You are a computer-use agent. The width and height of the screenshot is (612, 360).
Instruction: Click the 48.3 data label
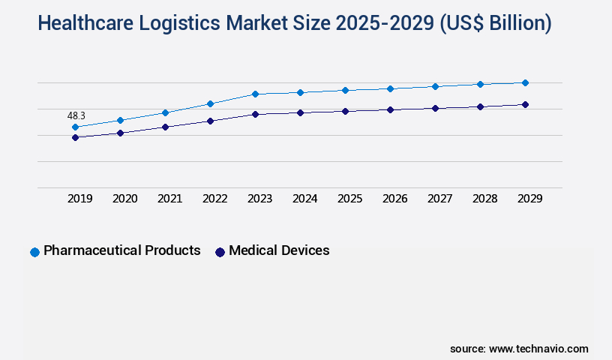click(x=76, y=115)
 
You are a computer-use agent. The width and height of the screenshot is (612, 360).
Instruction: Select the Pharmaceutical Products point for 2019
click(x=75, y=127)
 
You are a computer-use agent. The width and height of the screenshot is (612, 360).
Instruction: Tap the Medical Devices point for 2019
click(x=75, y=138)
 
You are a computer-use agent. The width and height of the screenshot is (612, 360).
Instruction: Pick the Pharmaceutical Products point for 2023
click(x=255, y=94)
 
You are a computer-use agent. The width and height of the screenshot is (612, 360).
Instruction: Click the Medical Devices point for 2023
click(x=255, y=114)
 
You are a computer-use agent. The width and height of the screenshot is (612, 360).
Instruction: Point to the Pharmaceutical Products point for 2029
click(x=525, y=82)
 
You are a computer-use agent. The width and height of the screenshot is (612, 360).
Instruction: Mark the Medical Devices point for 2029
click(x=525, y=104)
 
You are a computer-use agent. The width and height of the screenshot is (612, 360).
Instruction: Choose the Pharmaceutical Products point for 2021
click(x=165, y=112)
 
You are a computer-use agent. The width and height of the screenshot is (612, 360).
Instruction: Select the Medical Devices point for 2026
click(x=390, y=109)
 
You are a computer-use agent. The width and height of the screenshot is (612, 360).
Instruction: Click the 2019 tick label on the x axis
click(x=80, y=199)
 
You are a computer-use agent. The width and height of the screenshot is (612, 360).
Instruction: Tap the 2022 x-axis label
click(x=215, y=199)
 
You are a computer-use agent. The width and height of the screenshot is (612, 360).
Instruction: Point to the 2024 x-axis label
click(x=305, y=199)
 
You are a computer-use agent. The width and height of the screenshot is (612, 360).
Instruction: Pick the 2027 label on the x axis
click(x=440, y=199)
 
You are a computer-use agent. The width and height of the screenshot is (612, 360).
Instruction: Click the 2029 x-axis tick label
click(x=530, y=199)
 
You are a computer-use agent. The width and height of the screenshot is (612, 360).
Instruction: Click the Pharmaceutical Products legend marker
click(x=34, y=252)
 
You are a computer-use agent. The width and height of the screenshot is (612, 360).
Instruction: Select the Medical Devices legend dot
click(x=220, y=252)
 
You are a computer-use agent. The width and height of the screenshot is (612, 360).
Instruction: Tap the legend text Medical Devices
click(x=279, y=250)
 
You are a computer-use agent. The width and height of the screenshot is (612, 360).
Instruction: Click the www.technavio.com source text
click(x=538, y=349)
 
